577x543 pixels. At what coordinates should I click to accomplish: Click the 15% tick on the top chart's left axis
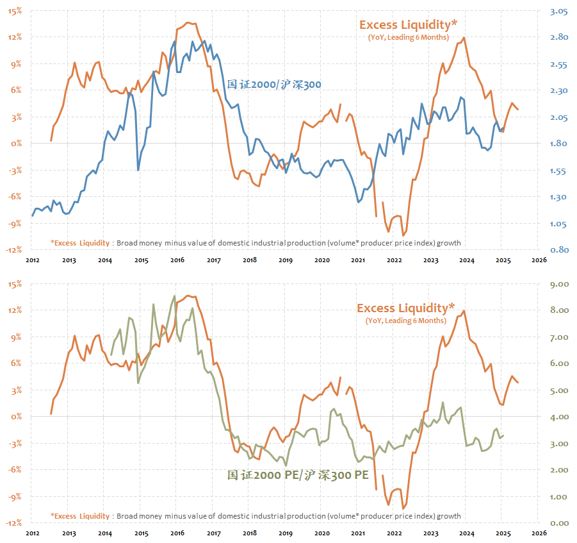pos(15,11)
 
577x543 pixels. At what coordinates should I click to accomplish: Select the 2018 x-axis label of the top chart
pos(250,260)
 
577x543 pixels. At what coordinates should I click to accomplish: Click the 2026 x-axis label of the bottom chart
pos(539,533)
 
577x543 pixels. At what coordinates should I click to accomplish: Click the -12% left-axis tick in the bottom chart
pos(13,523)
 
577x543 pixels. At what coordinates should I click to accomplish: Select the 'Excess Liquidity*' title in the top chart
pos(408,25)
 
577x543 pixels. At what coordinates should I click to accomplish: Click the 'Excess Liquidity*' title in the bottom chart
pos(406,308)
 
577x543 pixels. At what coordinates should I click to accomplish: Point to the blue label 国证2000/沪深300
pos(274,84)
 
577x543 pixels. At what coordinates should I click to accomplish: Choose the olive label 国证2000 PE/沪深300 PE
pos(298,475)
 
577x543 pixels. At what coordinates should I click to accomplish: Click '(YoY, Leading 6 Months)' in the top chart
pos(408,38)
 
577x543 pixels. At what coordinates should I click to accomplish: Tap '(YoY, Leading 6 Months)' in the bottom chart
pos(406,321)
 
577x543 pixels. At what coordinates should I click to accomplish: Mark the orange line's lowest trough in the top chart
pos(403,235)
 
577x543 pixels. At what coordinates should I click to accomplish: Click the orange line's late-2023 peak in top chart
pos(464,37)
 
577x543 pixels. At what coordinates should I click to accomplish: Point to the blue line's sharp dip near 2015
pos(138,170)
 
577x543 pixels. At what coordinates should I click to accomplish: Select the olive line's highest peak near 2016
pos(175,296)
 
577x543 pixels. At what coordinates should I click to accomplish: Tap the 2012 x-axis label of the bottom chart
pos(33,533)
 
